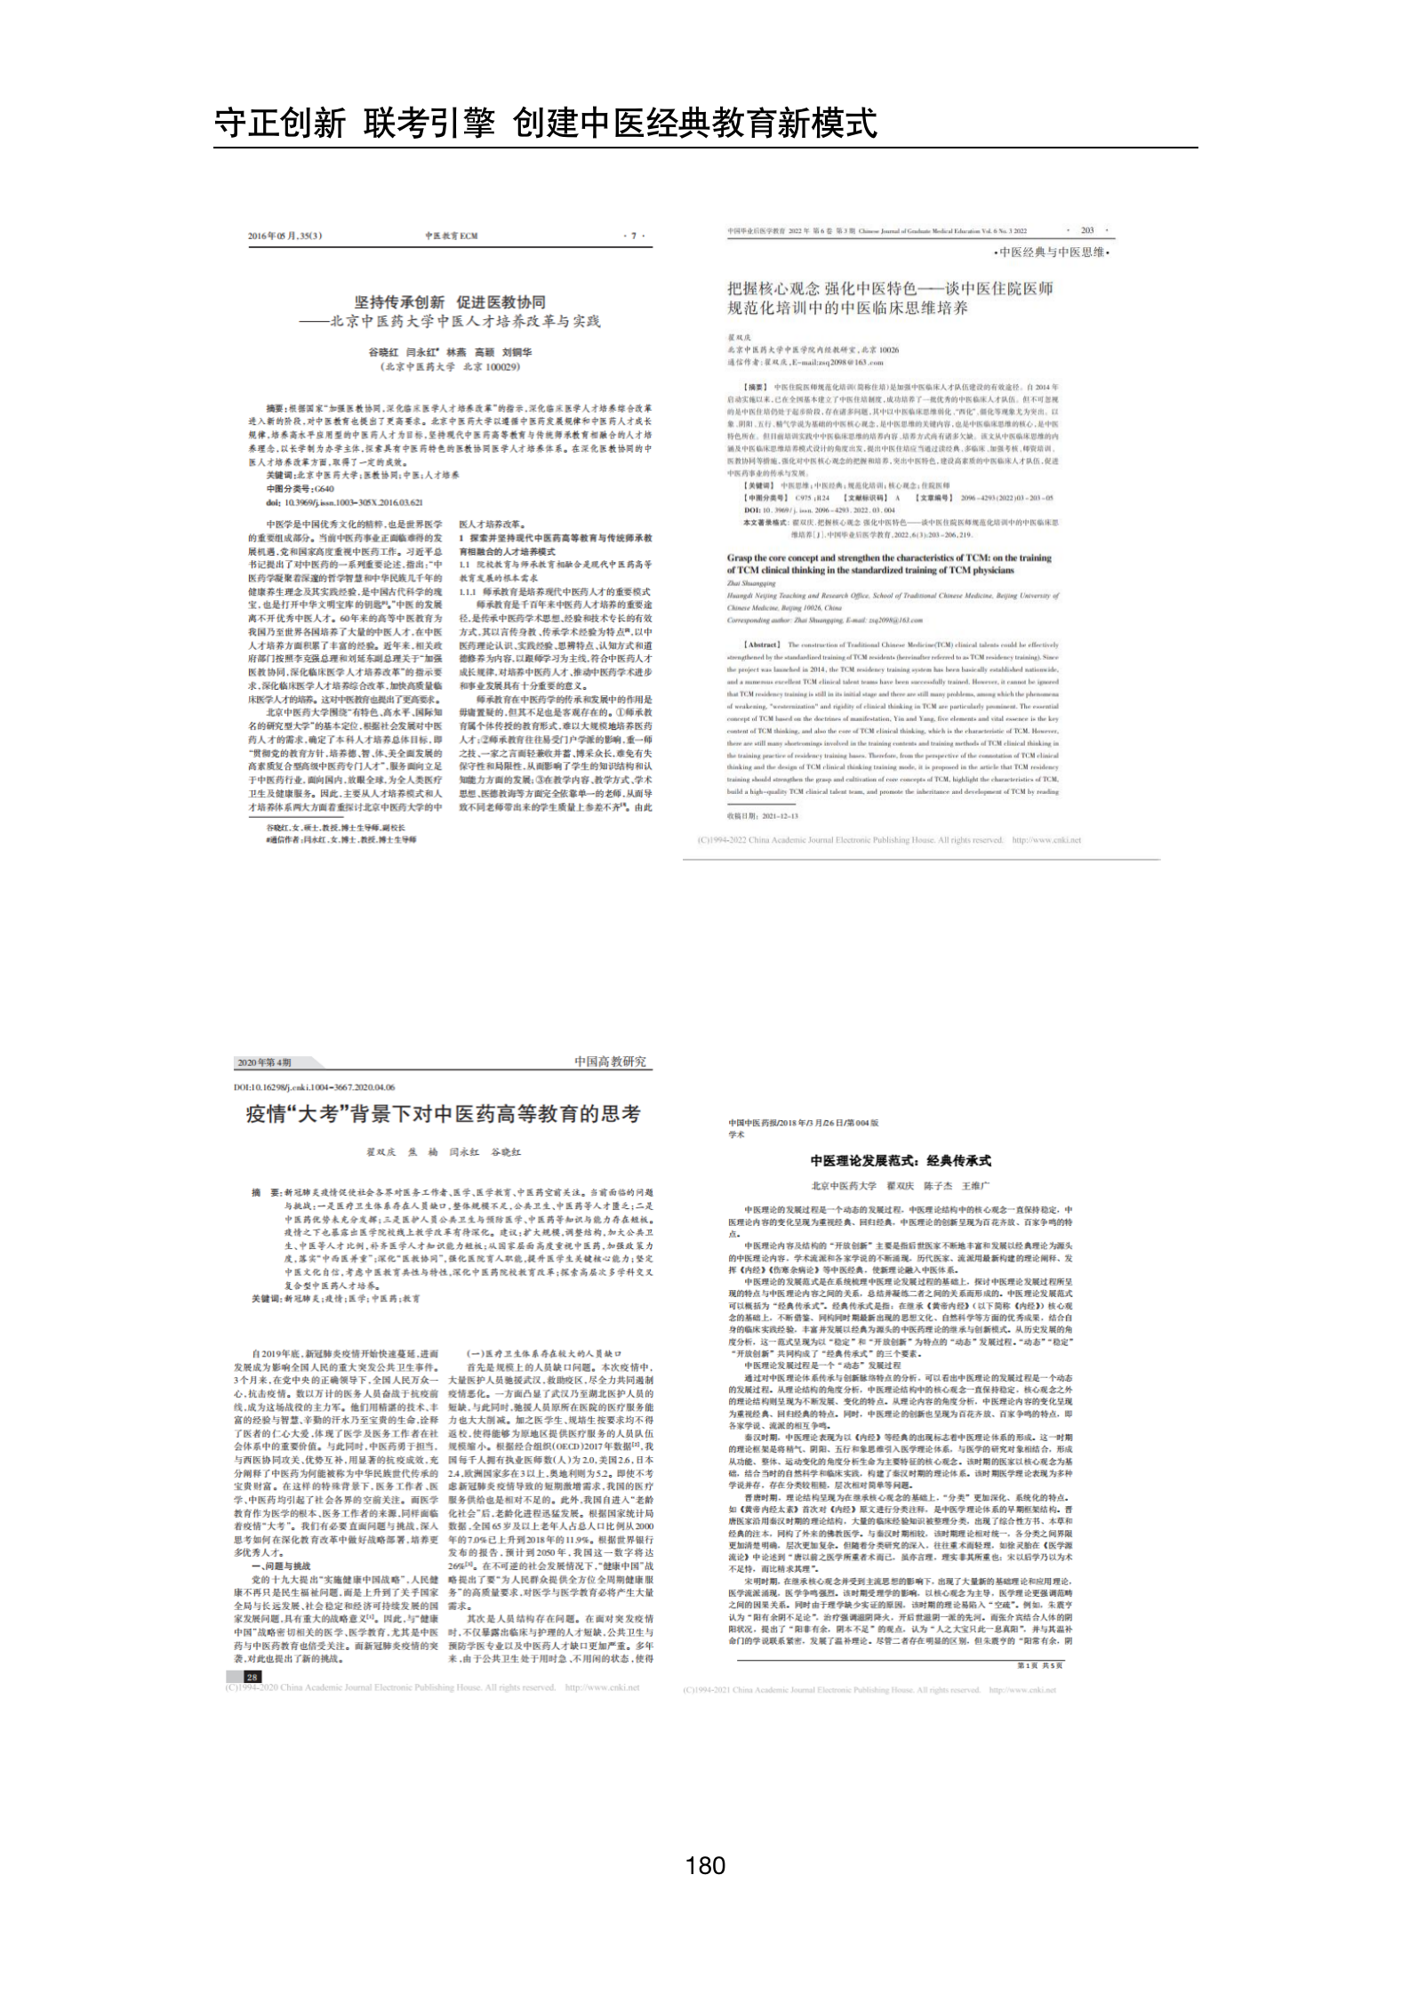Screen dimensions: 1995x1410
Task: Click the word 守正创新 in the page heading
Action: click(280, 123)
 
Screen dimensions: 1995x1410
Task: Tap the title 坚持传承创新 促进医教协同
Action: click(450, 302)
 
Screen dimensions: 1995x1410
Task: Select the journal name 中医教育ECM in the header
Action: click(451, 236)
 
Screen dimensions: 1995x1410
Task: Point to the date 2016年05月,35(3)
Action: click(284, 236)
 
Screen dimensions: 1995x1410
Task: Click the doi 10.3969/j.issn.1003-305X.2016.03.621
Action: click(344, 502)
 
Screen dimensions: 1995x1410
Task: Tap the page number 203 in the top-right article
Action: click(1086, 230)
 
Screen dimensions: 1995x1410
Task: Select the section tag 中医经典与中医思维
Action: click(1052, 252)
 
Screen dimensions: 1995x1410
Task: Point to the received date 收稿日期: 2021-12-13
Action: click(763, 815)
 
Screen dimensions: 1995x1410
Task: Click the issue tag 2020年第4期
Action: click(264, 1062)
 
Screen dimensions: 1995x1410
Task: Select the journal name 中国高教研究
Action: click(610, 1062)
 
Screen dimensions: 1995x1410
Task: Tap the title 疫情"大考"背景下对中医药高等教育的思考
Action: click(443, 1114)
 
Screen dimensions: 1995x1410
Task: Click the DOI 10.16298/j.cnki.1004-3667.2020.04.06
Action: click(315, 1087)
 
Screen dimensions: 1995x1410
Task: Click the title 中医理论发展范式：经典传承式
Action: click(900, 1160)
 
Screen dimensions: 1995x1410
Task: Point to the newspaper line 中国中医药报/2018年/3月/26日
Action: click(804, 1123)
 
